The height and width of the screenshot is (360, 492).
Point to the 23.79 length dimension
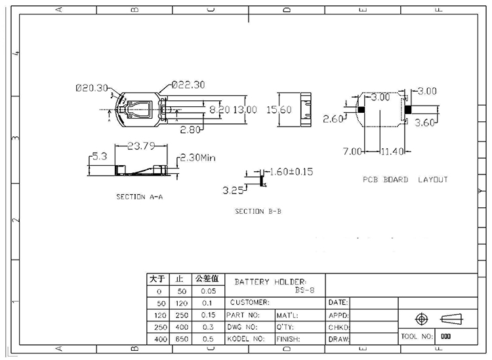[x=137, y=146]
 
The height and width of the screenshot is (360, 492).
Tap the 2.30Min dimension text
[x=197, y=157]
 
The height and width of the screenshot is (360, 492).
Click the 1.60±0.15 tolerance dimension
[x=291, y=172]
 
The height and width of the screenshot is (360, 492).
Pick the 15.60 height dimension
[x=278, y=110]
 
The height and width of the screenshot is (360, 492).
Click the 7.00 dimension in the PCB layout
[x=352, y=151]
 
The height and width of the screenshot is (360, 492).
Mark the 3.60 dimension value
[x=426, y=122]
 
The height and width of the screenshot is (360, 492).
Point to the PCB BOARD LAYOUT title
[x=405, y=180]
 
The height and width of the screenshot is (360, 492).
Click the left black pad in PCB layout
[x=360, y=110]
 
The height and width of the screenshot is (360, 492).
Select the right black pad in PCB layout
[x=408, y=110]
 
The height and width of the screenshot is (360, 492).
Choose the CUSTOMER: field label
[x=250, y=302]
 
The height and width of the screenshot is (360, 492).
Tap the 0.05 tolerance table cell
[x=208, y=291]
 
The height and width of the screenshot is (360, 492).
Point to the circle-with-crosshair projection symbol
[x=422, y=319]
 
